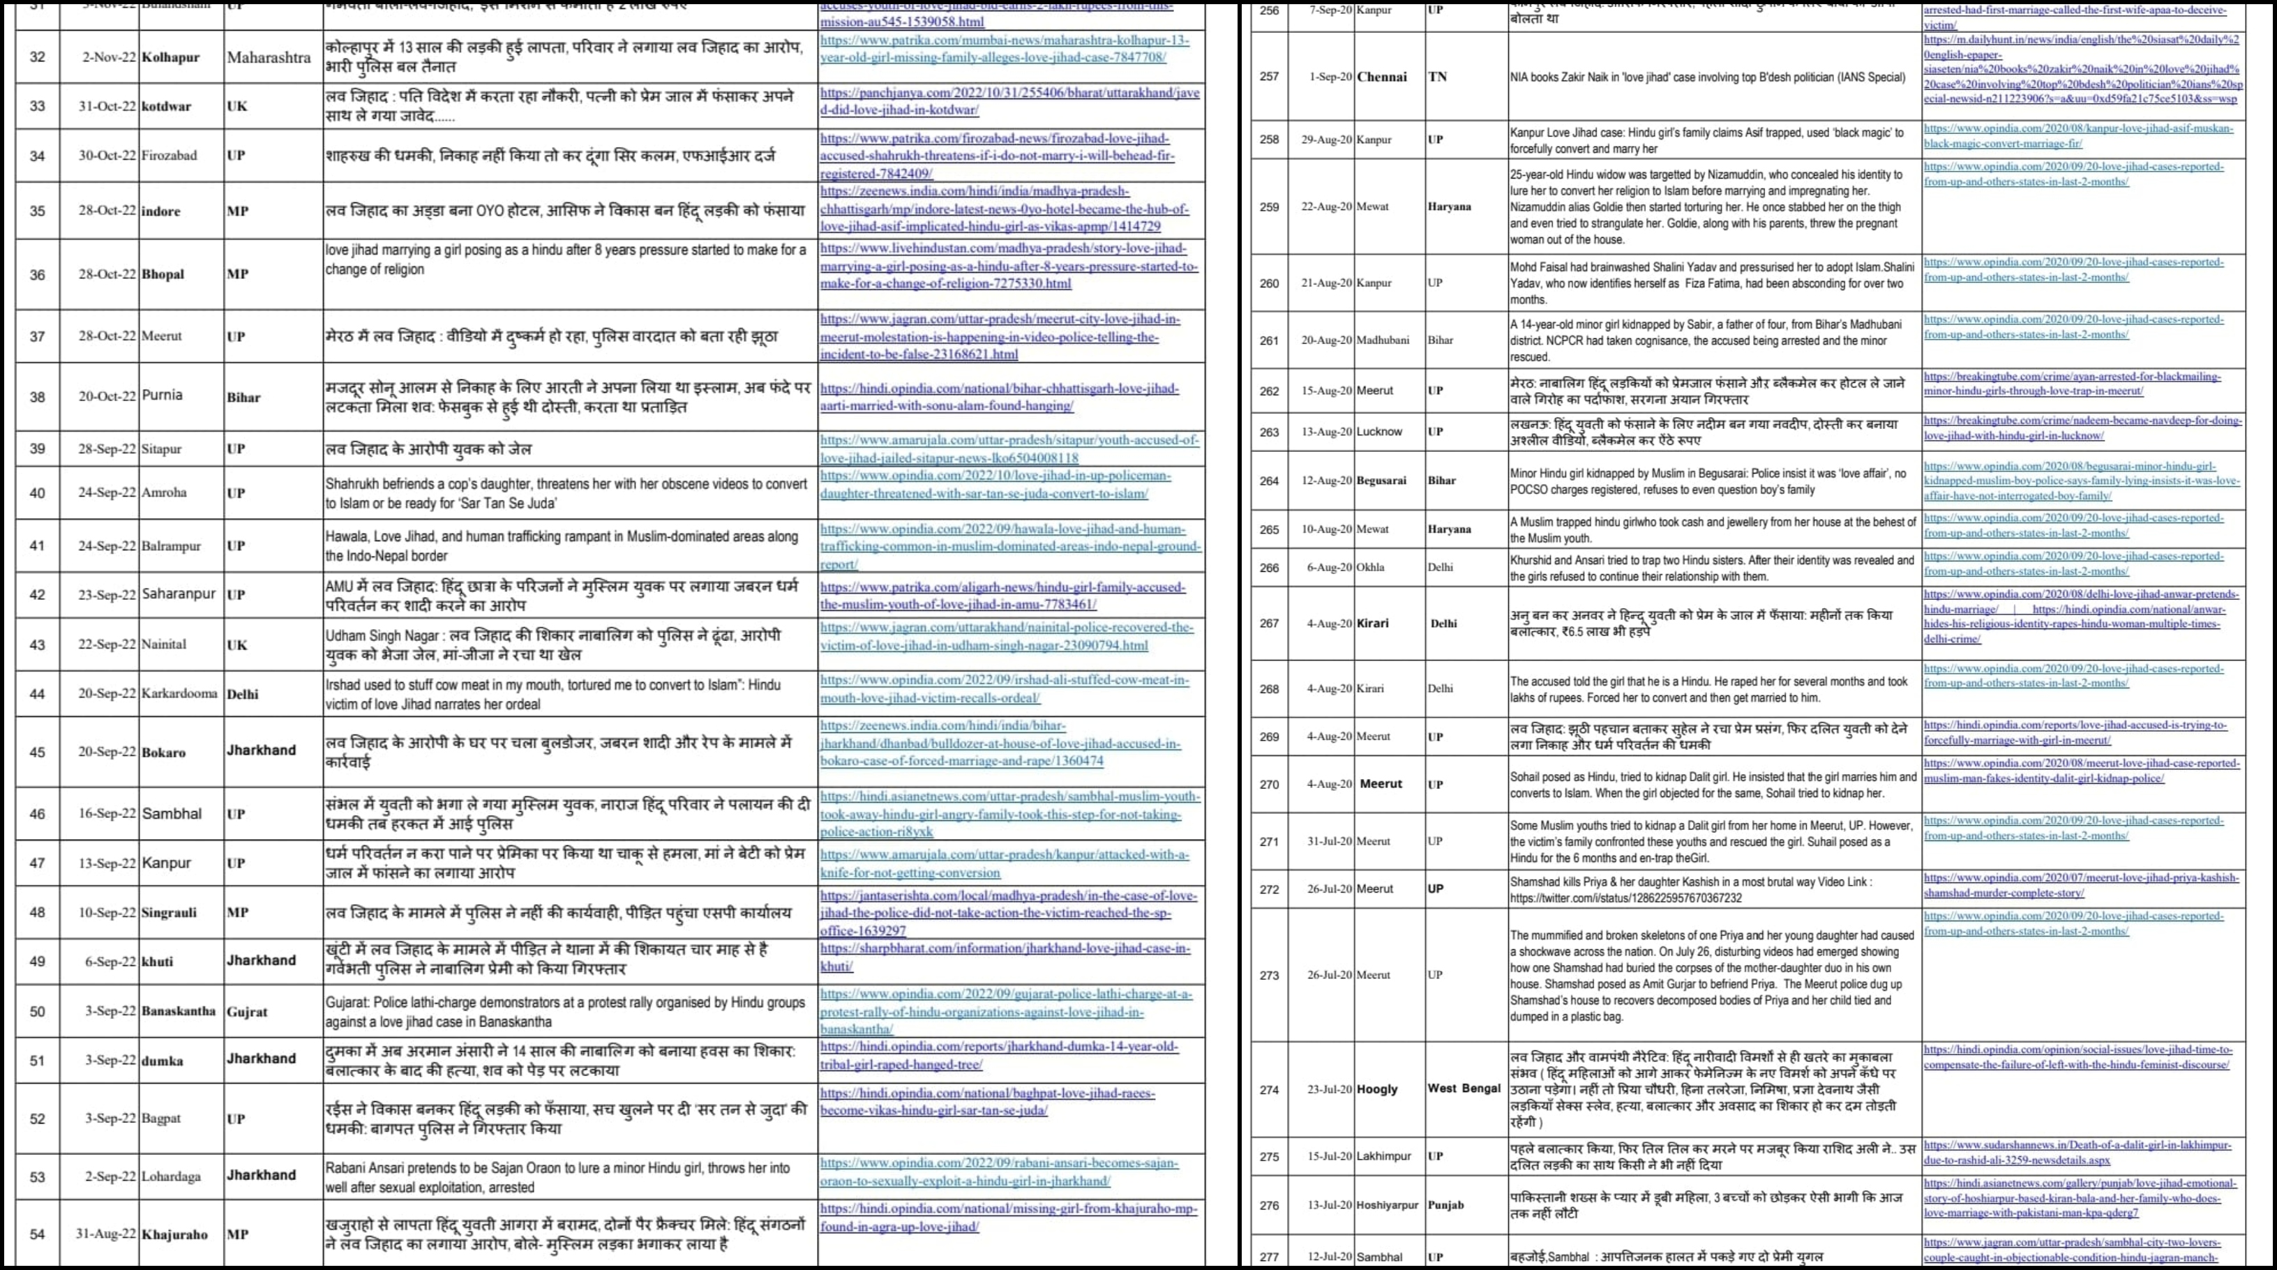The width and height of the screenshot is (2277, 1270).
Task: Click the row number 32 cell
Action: point(37,57)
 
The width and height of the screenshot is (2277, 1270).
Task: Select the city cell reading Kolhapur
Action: point(171,57)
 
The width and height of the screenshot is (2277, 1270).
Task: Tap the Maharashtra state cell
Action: point(269,57)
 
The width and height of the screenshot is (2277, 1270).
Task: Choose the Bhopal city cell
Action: point(163,274)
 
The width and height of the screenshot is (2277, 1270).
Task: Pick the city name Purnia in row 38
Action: point(162,395)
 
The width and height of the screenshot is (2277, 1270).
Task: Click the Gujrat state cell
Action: point(247,1011)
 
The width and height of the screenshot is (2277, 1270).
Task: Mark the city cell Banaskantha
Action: point(179,1011)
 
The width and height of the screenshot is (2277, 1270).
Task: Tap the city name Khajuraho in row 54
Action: point(175,1234)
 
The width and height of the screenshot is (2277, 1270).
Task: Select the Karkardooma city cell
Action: point(179,694)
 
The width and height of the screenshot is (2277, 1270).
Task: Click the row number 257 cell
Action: point(1270,77)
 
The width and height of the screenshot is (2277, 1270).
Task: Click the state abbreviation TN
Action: point(1438,77)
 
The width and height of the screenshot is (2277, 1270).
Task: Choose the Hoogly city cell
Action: point(1377,1089)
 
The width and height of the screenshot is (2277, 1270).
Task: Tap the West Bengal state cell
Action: point(1464,1089)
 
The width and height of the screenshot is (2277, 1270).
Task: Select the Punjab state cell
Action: point(1446,1204)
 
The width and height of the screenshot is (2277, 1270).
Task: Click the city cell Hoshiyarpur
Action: point(1387,1204)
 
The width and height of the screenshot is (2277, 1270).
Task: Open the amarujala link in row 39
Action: point(1009,449)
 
